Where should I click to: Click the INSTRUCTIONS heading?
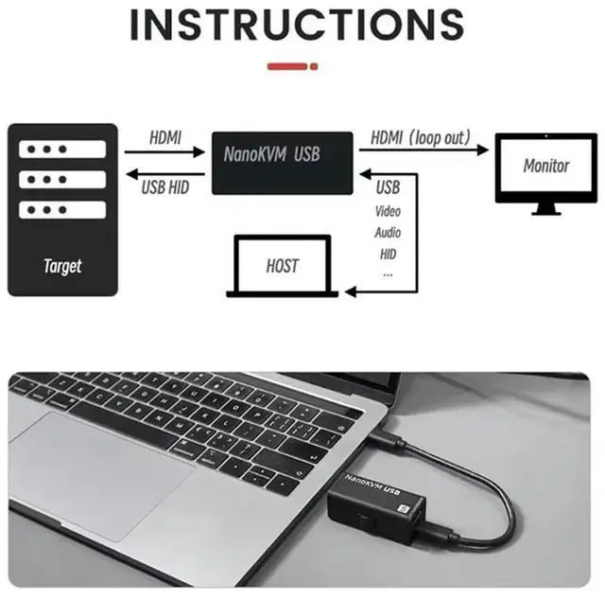pyautogui.click(x=296, y=26)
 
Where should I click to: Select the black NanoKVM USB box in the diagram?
pyautogui.click(x=281, y=163)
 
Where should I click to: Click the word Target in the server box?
pyautogui.click(x=62, y=266)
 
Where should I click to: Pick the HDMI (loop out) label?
pyautogui.click(x=420, y=138)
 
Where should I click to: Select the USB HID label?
pyautogui.click(x=165, y=187)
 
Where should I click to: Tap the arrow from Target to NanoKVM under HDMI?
pyautogui.click(x=166, y=150)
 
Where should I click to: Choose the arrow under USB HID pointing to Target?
pyautogui.click(x=166, y=173)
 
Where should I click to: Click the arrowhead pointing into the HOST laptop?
pyautogui.click(x=350, y=291)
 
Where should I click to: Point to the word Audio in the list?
pyautogui.click(x=388, y=233)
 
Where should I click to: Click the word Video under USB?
pyautogui.click(x=388, y=211)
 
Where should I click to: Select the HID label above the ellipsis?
pyautogui.click(x=388, y=254)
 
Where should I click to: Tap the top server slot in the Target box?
pyautogui.click(x=62, y=150)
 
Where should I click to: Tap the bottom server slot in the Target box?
pyautogui.click(x=62, y=209)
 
